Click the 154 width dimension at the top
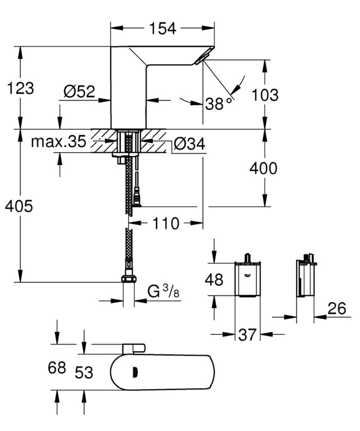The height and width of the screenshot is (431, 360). [x=163, y=28]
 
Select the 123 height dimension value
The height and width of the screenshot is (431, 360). [x=21, y=88]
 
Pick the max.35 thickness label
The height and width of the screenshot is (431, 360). [x=58, y=142]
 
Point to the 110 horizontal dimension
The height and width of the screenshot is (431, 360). [x=165, y=223]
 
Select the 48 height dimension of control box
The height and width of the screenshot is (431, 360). [x=214, y=279]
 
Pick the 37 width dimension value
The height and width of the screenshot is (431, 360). [x=248, y=335]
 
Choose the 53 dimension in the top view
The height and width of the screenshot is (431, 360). [x=83, y=372]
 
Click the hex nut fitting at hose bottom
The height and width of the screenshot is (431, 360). [x=129, y=280]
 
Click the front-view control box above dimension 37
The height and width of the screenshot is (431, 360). [x=248, y=279]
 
